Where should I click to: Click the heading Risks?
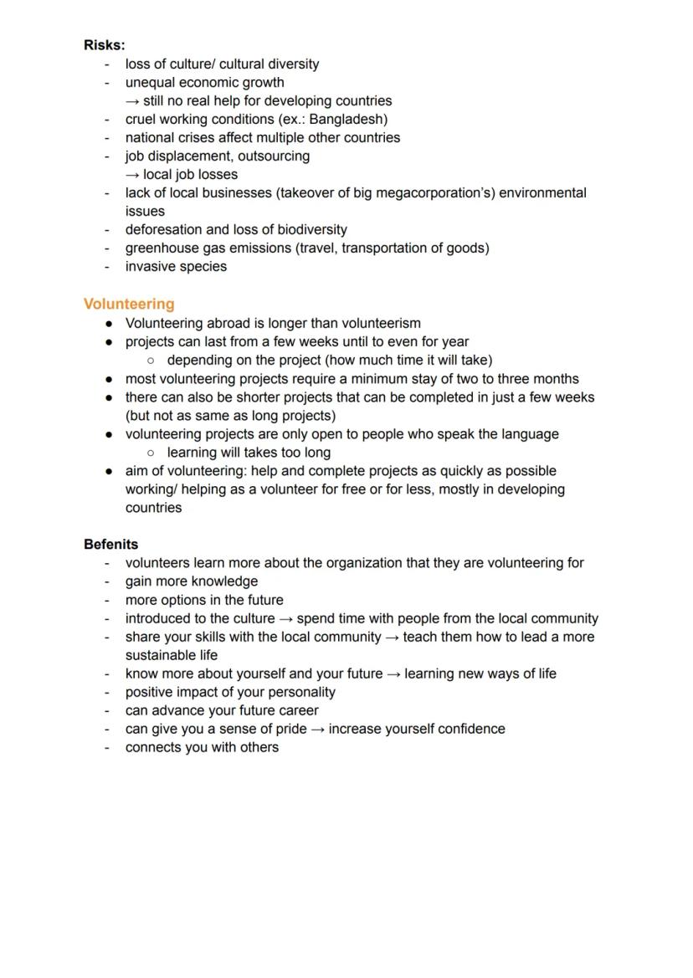click(x=104, y=45)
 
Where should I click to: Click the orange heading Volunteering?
click(x=129, y=304)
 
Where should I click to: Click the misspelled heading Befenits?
click(x=110, y=545)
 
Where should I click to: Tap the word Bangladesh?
click(x=346, y=119)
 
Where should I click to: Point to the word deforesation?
click(x=163, y=229)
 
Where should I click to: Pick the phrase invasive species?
click(x=176, y=266)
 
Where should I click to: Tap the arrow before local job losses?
click(x=132, y=174)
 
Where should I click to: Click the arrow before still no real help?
click(x=132, y=100)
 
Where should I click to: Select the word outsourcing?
click(x=274, y=156)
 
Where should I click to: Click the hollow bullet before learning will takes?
click(x=150, y=453)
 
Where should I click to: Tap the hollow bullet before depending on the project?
click(x=150, y=361)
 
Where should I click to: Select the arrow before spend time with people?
click(x=285, y=618)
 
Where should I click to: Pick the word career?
click(x=298, y=710)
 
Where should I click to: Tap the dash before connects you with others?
click(x=106, y=747)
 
